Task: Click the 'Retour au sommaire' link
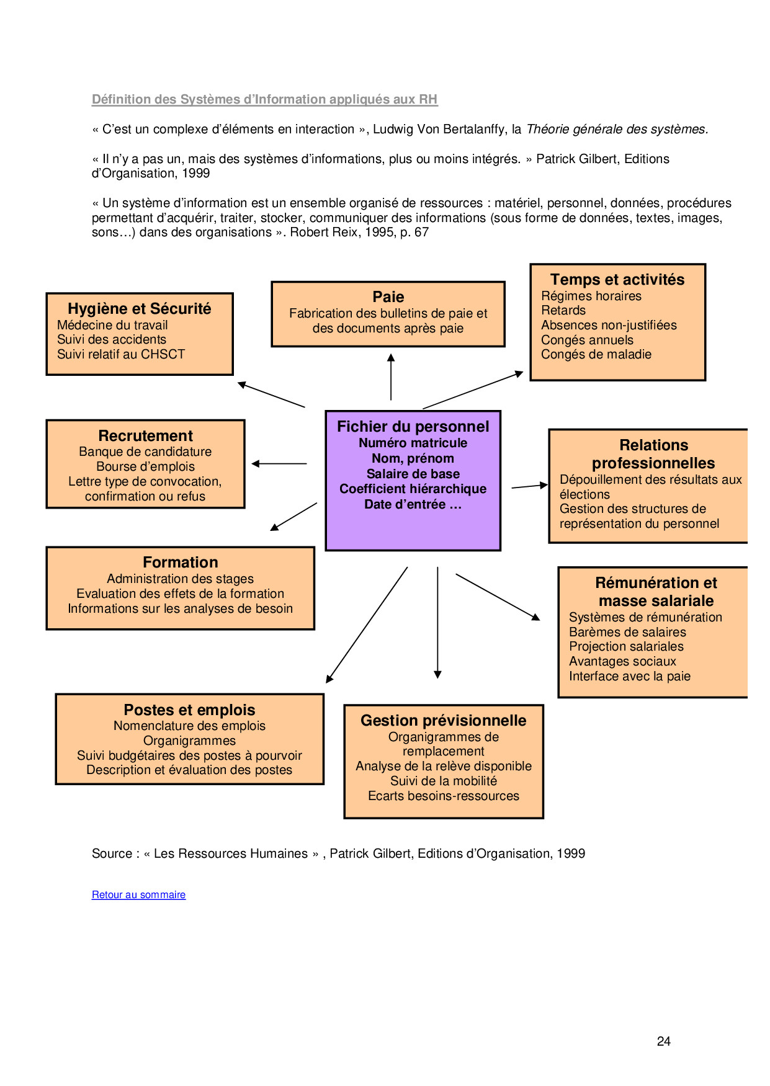point(138,894)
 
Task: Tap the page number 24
point(663,1041)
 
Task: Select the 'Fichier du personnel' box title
point(413,427)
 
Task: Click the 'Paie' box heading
point(388,297)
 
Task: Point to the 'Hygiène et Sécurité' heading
point(140,309)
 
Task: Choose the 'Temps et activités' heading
point(617,280)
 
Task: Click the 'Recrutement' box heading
point(146,436)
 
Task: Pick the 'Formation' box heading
point(181,563)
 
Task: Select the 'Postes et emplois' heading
point(189,710)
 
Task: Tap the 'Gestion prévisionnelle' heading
point(444,721)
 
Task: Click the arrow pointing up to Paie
point(391,377)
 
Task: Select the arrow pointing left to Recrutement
point(279,463)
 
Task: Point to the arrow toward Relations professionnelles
point(530,486)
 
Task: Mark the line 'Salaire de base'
point(413,474)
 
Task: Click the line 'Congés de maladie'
point(596,354)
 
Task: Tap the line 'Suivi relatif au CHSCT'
point(121,354)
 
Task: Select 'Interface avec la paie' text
point(630,676)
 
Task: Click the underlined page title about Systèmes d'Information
point(264,99)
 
